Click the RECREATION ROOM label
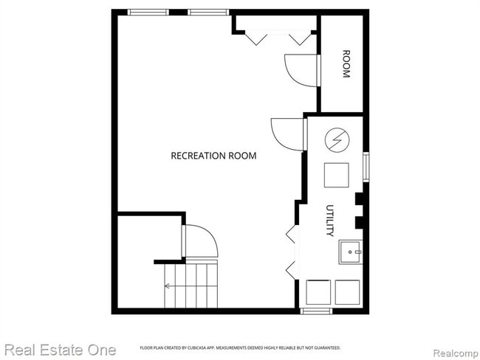[213, 156]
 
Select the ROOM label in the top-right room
[345, 64]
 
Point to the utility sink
[351, 252]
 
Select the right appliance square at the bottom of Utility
[347, 291]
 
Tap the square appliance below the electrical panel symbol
[337, 176]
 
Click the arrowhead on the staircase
[168, 286]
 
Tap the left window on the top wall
[146, 12]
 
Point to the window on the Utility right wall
[365, 166]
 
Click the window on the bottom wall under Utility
[316, 311]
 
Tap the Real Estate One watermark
[60, 349]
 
